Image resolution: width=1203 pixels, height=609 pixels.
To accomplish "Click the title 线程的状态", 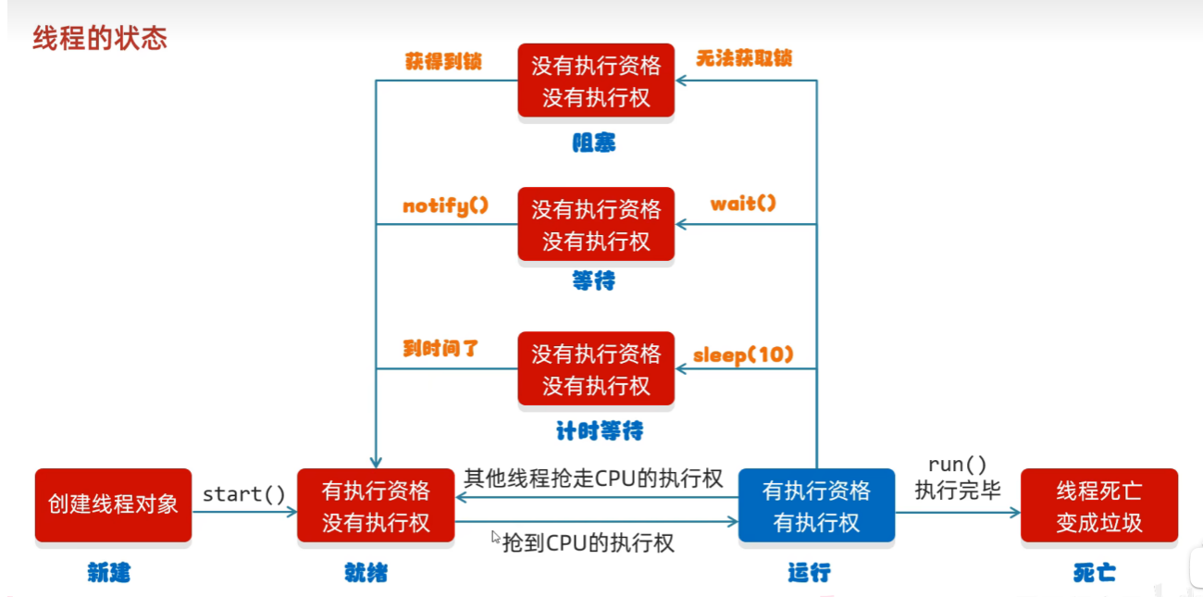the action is tap(100, 38).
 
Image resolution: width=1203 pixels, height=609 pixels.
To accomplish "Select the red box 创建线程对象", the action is tap(113, 504).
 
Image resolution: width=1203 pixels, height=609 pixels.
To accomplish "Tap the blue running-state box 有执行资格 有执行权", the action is tap(816, 504).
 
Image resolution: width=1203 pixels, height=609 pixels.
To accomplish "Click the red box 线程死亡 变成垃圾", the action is tap(1099, 504).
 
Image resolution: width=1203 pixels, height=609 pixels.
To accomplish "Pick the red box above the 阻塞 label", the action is tap(596, 80).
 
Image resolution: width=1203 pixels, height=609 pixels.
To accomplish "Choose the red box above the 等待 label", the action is tap(596, 224).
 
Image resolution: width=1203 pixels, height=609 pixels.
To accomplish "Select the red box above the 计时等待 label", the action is tap(596, 368).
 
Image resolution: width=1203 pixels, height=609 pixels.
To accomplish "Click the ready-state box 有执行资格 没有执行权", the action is tap(376, 504).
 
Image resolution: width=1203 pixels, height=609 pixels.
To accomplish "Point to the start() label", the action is tap(243, 494).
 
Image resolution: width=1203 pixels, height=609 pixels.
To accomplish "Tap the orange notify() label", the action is tap(446, 205).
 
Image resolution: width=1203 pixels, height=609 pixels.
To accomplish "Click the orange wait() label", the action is tap(743, 204).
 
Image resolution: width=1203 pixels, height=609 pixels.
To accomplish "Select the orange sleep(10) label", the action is tap(743, 355).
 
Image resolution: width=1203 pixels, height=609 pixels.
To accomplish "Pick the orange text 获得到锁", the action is tap(443, 61).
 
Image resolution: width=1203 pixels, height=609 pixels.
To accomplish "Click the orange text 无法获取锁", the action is tap(744, 58).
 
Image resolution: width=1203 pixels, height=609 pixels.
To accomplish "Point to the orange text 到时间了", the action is tap(440, 349).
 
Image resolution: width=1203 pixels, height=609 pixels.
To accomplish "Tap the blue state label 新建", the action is tap(109, 573).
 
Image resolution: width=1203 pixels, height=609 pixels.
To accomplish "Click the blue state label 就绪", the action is tap(366, 573).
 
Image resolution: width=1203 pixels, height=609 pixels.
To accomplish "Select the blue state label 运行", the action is tap(810, 573).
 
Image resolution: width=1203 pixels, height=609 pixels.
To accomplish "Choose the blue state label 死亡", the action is tap(1095, 573).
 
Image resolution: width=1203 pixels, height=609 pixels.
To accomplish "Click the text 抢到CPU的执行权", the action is tap(588, 543).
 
